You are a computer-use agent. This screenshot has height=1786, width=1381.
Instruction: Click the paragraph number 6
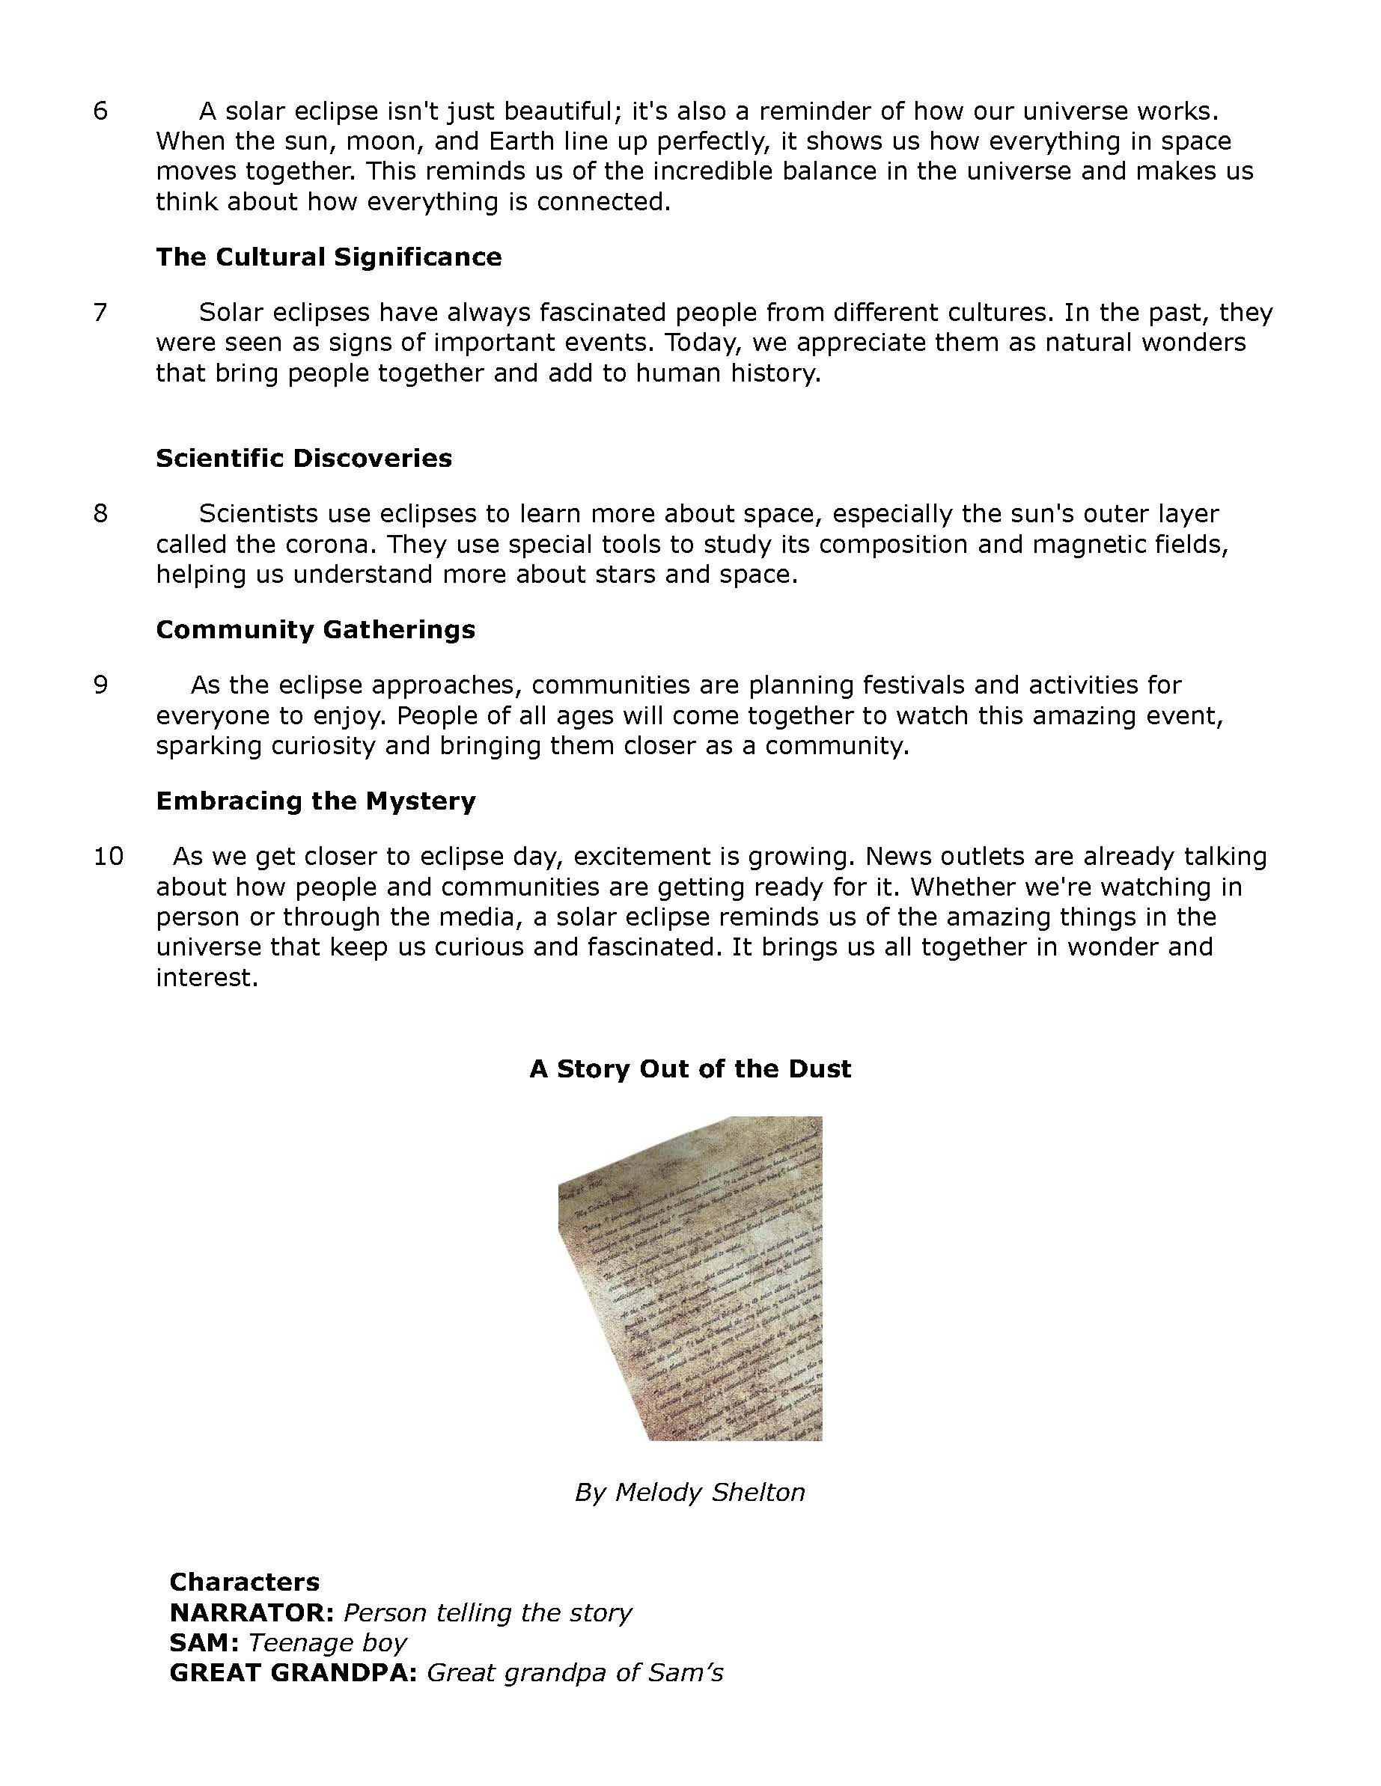point(100,111)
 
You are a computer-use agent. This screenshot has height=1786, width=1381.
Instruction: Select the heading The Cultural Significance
point(328,257)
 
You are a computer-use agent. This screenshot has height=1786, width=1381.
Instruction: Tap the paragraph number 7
point(100,313)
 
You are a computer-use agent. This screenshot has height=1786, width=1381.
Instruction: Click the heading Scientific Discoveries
point(304,458)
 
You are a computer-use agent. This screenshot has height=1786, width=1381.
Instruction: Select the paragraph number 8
point(100,513)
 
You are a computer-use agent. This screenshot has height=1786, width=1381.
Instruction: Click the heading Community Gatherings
point(315,630)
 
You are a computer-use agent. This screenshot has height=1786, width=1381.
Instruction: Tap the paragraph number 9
point(100,685)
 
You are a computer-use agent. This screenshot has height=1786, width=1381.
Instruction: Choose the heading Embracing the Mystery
point(315,801)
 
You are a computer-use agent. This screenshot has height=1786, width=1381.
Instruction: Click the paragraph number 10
point(108,856)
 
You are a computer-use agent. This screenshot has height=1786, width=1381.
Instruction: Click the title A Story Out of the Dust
point(689,1068)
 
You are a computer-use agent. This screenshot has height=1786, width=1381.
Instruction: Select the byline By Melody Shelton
point(689,1493)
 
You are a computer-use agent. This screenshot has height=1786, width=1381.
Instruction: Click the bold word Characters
point(244,1582)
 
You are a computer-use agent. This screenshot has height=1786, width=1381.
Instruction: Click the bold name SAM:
point(204,1643)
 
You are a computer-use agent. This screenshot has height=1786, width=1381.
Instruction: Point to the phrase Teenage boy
point(327,1643)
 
